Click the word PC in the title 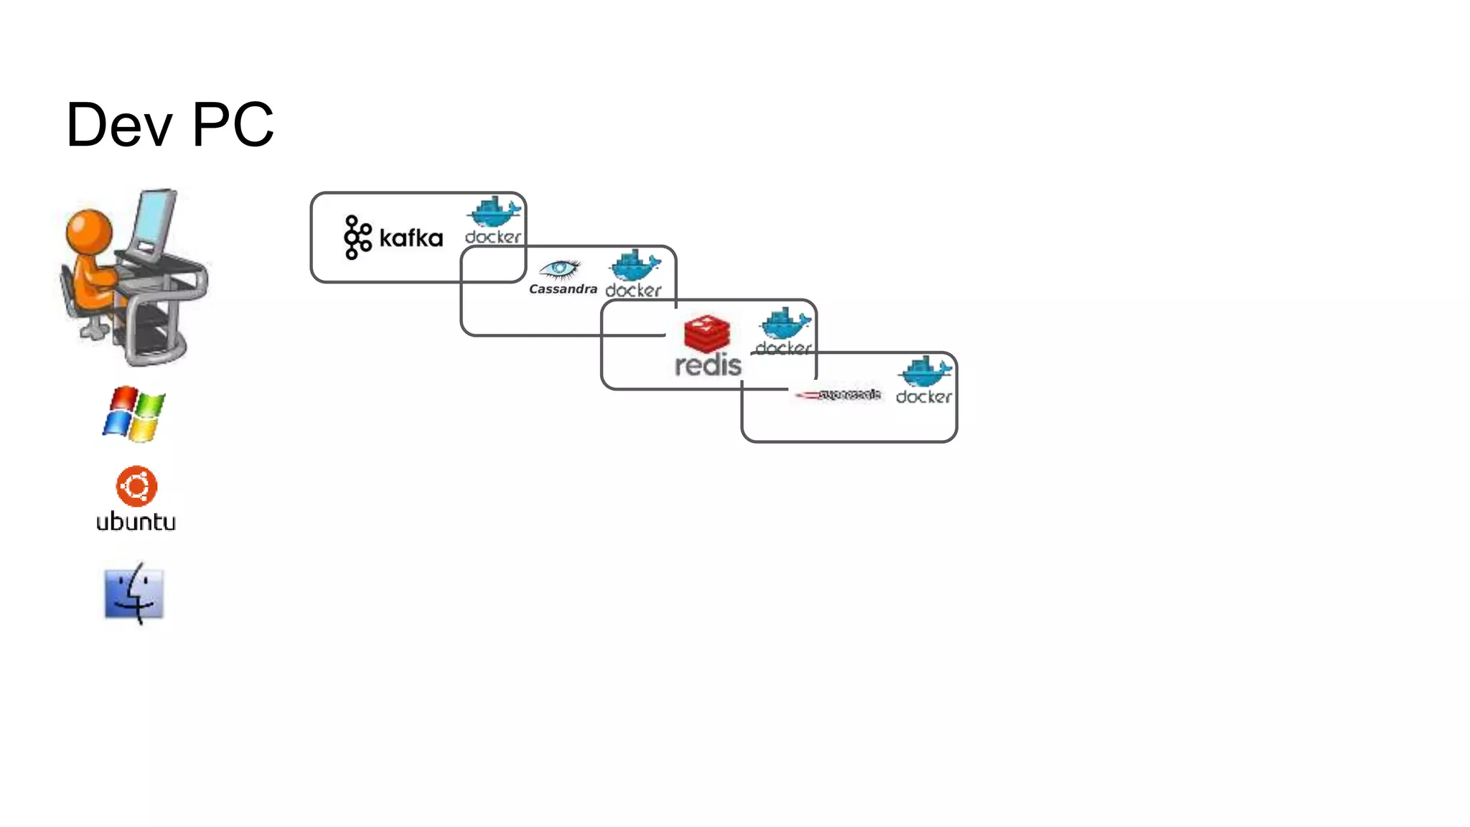[233, 125]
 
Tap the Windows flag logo [134, 413]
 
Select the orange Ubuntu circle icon [136, 486]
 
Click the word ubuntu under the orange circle [136, 522]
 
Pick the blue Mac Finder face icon [134, 594]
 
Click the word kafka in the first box [411, 238]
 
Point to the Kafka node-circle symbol [357, 237]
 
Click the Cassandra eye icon [559, 269]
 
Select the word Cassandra [563, 289]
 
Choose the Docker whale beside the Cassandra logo [634, 265]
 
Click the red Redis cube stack [707, 333]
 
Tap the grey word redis [708, 365]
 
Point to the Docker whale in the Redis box [785, 324]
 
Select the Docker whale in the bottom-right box [925, 372]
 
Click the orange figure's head [89, 231]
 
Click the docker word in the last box [924, 397]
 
